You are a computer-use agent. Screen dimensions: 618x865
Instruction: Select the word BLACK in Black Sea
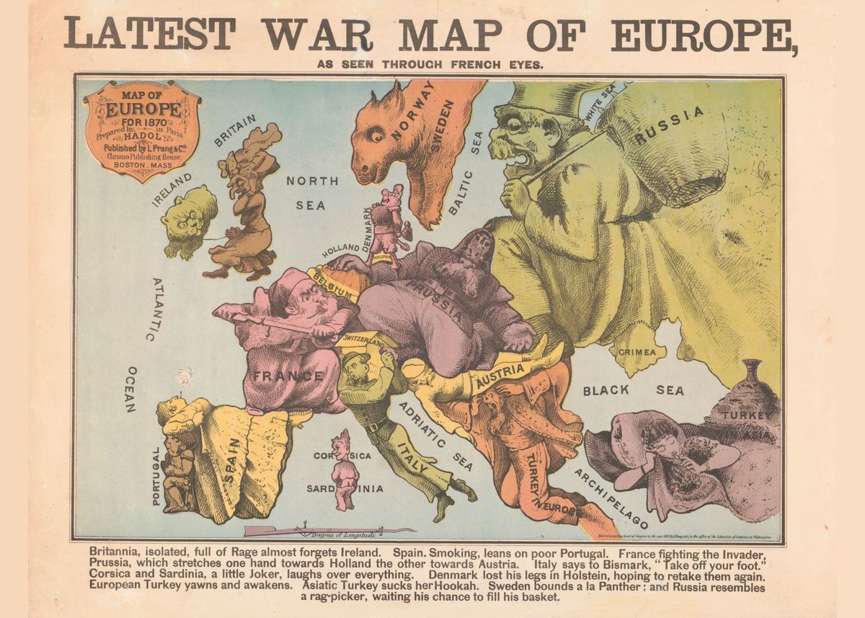click(x=606, y=391)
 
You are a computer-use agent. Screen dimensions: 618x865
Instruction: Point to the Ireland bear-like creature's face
click(x=187, y=216)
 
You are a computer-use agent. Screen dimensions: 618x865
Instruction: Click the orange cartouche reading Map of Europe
click(x=142, y=130)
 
